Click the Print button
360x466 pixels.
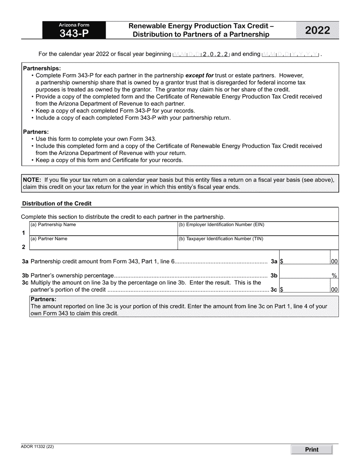tap(311, 450)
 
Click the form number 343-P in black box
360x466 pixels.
tap(74, 33)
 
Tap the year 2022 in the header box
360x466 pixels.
tap(318, 31)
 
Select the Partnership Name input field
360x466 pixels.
tap(103, 231)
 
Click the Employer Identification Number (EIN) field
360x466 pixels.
tap(258, 231)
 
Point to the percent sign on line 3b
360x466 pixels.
tap(334, 276)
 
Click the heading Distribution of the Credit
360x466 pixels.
tap(57, 203)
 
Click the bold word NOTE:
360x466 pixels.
tap(32, 180)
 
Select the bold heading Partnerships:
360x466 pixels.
tap(42, 68)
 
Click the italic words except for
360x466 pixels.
tap(199, 75)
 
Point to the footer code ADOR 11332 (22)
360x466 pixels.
tap(37, 447)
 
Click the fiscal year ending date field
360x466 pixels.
tap(290, 54)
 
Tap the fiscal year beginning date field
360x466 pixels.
tap(201, 54)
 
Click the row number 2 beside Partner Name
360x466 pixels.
tap(23, 247)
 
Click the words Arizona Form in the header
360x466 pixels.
tap(74, 25)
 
